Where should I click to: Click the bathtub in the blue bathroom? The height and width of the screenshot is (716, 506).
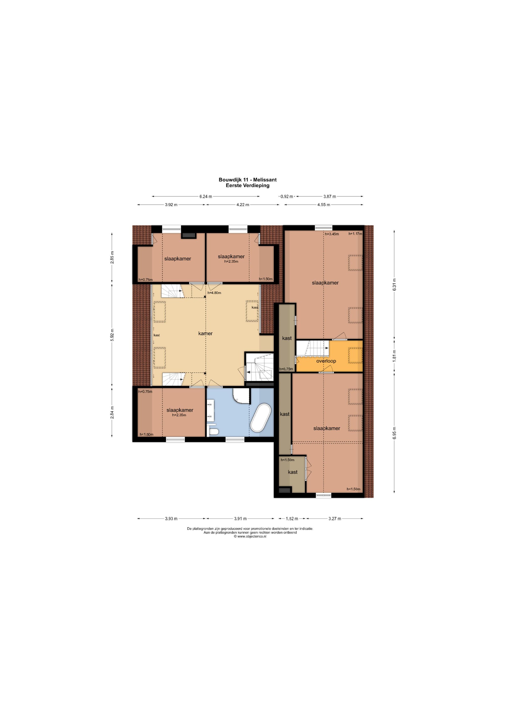coord(261,418)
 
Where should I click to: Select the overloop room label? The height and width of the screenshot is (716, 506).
coord(326,361)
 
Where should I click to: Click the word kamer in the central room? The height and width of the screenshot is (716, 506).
coord(205,334)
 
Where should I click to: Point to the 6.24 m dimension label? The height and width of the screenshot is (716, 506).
coord(206,196)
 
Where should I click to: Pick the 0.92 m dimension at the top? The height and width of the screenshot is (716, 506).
coord(287,196)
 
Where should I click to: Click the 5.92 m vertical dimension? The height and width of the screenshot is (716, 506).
coord(112,335)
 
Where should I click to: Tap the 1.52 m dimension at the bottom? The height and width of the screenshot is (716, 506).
coord(292,519)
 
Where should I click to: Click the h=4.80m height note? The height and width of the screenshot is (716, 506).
coord(214,293)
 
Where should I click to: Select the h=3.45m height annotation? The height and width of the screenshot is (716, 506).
coord(332,234)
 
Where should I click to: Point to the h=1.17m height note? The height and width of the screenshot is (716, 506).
coord(355,234)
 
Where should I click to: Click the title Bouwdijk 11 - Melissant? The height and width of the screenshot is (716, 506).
coord(247,180)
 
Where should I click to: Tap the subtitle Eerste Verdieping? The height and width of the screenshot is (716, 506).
coord(247,185)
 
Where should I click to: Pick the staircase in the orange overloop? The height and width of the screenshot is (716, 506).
coord(312,348)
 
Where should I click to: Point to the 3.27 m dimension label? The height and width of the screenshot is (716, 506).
coord(335,519)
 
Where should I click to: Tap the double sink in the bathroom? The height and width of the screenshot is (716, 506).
coord(210,411)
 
